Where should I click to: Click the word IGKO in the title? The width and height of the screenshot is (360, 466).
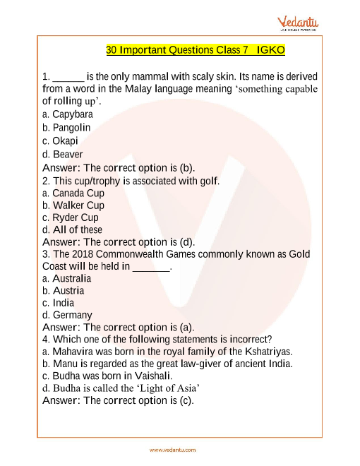(x=270, y=51)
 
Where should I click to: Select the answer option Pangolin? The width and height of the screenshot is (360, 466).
(x=67, y=128)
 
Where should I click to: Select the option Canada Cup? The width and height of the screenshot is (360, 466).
(x=73, y=193)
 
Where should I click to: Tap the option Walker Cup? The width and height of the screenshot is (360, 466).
(x=73, y=205)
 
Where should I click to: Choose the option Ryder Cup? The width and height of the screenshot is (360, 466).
(x=71, y=217)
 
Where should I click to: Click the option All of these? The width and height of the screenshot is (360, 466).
(x=73, y=229)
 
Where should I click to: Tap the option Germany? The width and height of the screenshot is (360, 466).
(x=68, y=315)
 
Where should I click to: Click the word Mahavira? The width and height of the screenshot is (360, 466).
(x=75, y=352)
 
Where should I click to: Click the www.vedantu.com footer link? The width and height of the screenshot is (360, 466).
(x=173, y=450)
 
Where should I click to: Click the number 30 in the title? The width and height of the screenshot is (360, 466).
(x=112, y=51)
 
